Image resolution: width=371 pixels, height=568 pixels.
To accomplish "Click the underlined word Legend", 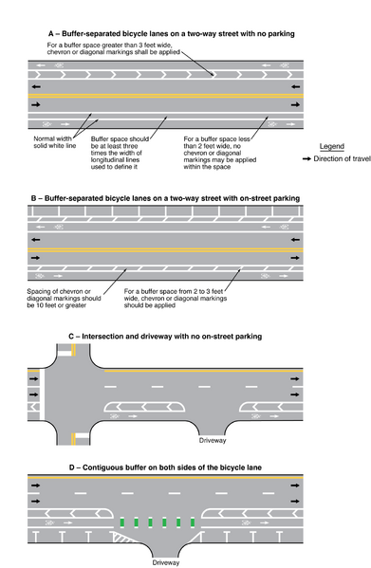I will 332,147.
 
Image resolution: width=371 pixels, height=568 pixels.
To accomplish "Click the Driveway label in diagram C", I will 213,440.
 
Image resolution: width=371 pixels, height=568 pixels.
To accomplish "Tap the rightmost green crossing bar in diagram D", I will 195,522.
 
